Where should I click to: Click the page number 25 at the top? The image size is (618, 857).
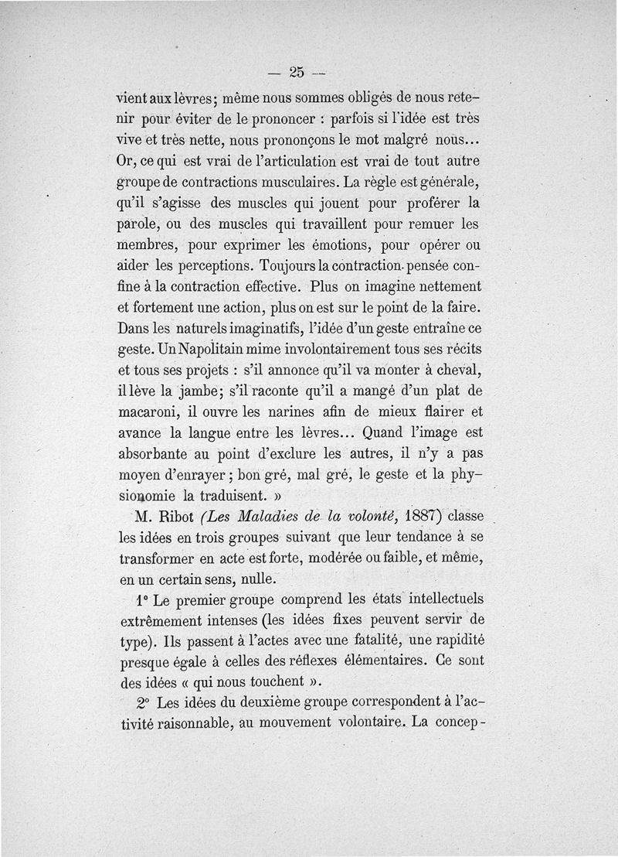click(297, 73)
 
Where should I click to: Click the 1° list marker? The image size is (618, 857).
click(141, 599)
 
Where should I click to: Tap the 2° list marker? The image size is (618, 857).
click(143, 703)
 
